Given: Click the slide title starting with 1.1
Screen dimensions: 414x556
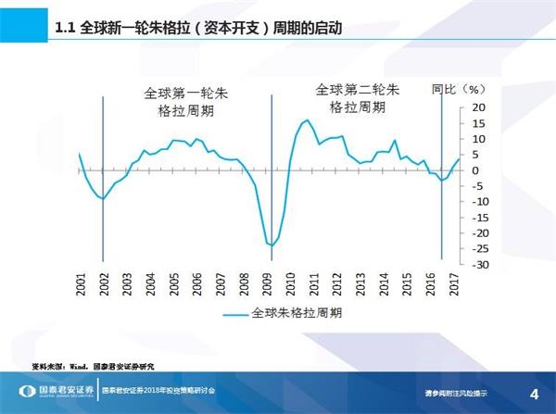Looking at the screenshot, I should click(x=198, y=29).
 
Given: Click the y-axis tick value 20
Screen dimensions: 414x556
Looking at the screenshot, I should click(x=479, y=108).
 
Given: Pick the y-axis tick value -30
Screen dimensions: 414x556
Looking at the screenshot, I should click(x=477, y=265).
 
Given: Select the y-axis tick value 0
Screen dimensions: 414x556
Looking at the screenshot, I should click(x=475, y=171).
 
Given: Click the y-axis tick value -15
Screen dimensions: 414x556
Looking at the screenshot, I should click(x=477, y=218).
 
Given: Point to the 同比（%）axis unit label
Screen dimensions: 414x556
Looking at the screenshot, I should click(x=459, y=90).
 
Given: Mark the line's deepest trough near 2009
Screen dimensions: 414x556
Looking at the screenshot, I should click(x=272, y=245).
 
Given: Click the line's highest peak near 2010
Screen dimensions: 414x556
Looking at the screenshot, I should click(x=306, y=120).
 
